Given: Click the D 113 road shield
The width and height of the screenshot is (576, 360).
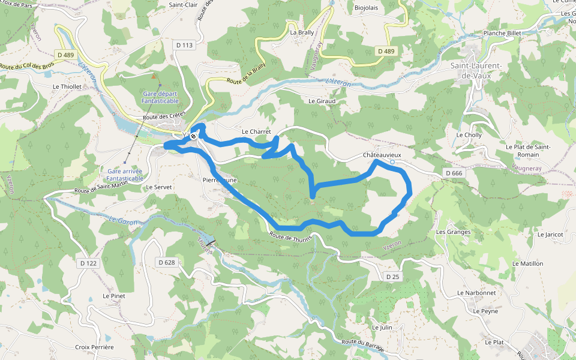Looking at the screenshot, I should click(185, 45).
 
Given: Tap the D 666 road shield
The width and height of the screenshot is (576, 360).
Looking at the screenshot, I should click(454, 173).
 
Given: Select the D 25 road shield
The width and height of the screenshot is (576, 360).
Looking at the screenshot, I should click(392, 277).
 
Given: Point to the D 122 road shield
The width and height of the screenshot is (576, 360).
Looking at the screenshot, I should click(88, 263).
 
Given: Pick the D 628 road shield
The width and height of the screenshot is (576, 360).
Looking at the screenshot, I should click(167, 262).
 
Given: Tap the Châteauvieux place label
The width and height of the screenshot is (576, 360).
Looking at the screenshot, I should click(382, 155).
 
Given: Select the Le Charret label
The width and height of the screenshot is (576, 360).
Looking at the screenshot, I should click(256, 131).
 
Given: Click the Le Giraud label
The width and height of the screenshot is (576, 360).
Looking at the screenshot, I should click(322, 101).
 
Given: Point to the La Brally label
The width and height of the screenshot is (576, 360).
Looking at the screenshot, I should click(302, 33).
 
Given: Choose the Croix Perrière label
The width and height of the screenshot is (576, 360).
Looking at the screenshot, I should click(94, 347).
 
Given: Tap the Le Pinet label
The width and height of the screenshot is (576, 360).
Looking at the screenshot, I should click(113, 296).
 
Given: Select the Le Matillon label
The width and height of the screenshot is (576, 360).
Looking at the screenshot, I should click(527, 263).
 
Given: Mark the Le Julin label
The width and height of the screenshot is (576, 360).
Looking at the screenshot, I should click(382, 328).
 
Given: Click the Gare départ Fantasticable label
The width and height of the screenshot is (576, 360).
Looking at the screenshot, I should click(161, 97).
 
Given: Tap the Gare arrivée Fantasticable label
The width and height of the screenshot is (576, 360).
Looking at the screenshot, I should click(125, 175).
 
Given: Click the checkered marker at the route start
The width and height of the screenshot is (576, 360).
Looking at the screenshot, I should click(193, 137).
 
